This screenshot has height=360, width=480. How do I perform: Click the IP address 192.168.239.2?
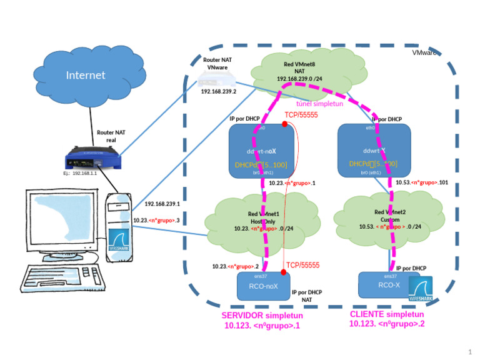[x=218, y=91]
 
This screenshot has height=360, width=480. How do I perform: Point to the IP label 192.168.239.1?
[x=162, y=204]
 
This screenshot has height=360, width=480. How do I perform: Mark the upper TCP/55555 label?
[x=302, y=115]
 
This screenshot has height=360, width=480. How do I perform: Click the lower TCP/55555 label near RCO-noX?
[x=302, y=265]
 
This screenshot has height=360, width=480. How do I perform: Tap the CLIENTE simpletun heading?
[x=387, y=314]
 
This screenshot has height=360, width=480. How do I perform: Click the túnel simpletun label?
[x=319, y=104]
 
